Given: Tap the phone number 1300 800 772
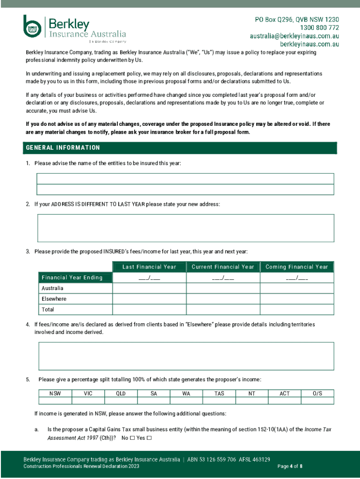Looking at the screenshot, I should pos(316,28).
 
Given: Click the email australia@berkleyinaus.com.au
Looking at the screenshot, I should pos(294,36).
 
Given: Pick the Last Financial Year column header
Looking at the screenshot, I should pos(149,267).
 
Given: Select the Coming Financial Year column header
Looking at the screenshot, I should pos(297,267).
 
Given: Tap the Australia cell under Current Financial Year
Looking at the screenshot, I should pos(223,289).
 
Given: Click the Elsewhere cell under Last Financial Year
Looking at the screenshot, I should pos(149,299).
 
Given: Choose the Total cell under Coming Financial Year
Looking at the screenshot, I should pos(297,310).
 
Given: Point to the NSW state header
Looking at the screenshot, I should pos(55,393).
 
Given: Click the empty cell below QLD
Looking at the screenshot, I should pos(121,401).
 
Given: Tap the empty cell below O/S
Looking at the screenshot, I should pos(317,401).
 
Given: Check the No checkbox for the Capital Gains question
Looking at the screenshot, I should pos(132,438).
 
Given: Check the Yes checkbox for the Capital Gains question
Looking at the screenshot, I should pos(149,438).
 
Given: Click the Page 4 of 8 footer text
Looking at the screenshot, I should pos(290,466).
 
